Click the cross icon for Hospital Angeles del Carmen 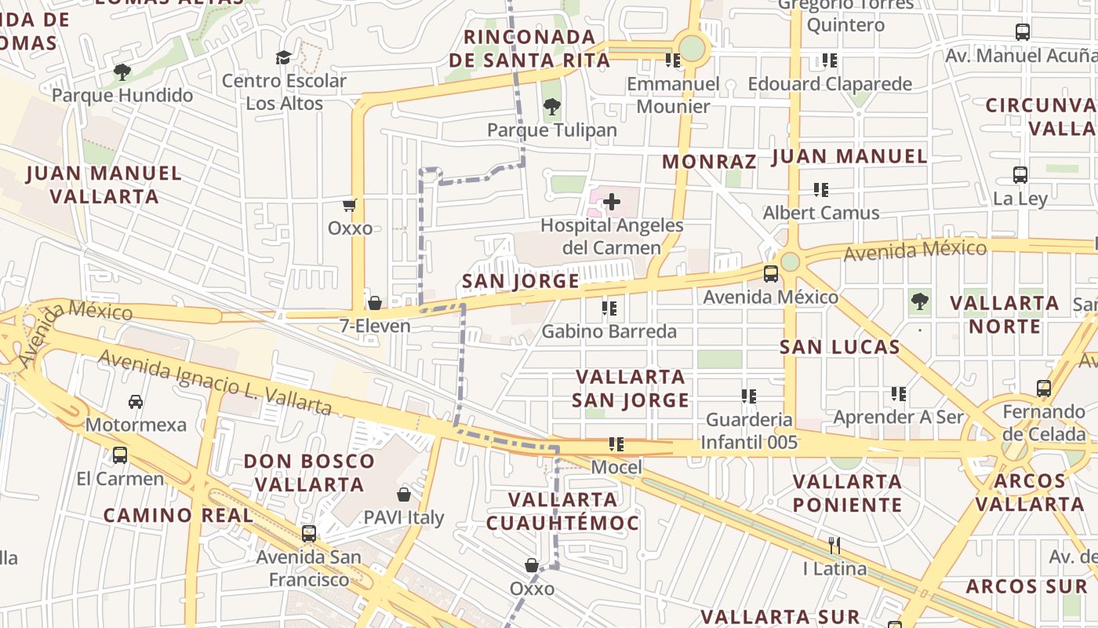point(612,203)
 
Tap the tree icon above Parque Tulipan point(552,107)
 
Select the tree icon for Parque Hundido point(122,72)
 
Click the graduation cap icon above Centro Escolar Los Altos point(283,57)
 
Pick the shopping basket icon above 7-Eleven point(375,303)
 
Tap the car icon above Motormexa point(136,402)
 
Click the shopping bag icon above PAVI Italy point(404,495)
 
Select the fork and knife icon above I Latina point(834,545)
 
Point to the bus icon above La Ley point(1020,175)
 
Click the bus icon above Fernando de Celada point(1044,389)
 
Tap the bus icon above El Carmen point(120,455)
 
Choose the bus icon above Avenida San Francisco point(309,534)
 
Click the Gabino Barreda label point(609,331)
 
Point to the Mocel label point(616,468)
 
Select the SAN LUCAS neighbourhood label point(839,347)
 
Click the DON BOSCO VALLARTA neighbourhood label point(310,473)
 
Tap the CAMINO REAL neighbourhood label point(179,516)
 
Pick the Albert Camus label point(821,213)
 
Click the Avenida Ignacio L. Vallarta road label point(215,383)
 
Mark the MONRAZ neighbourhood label point(709,162)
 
